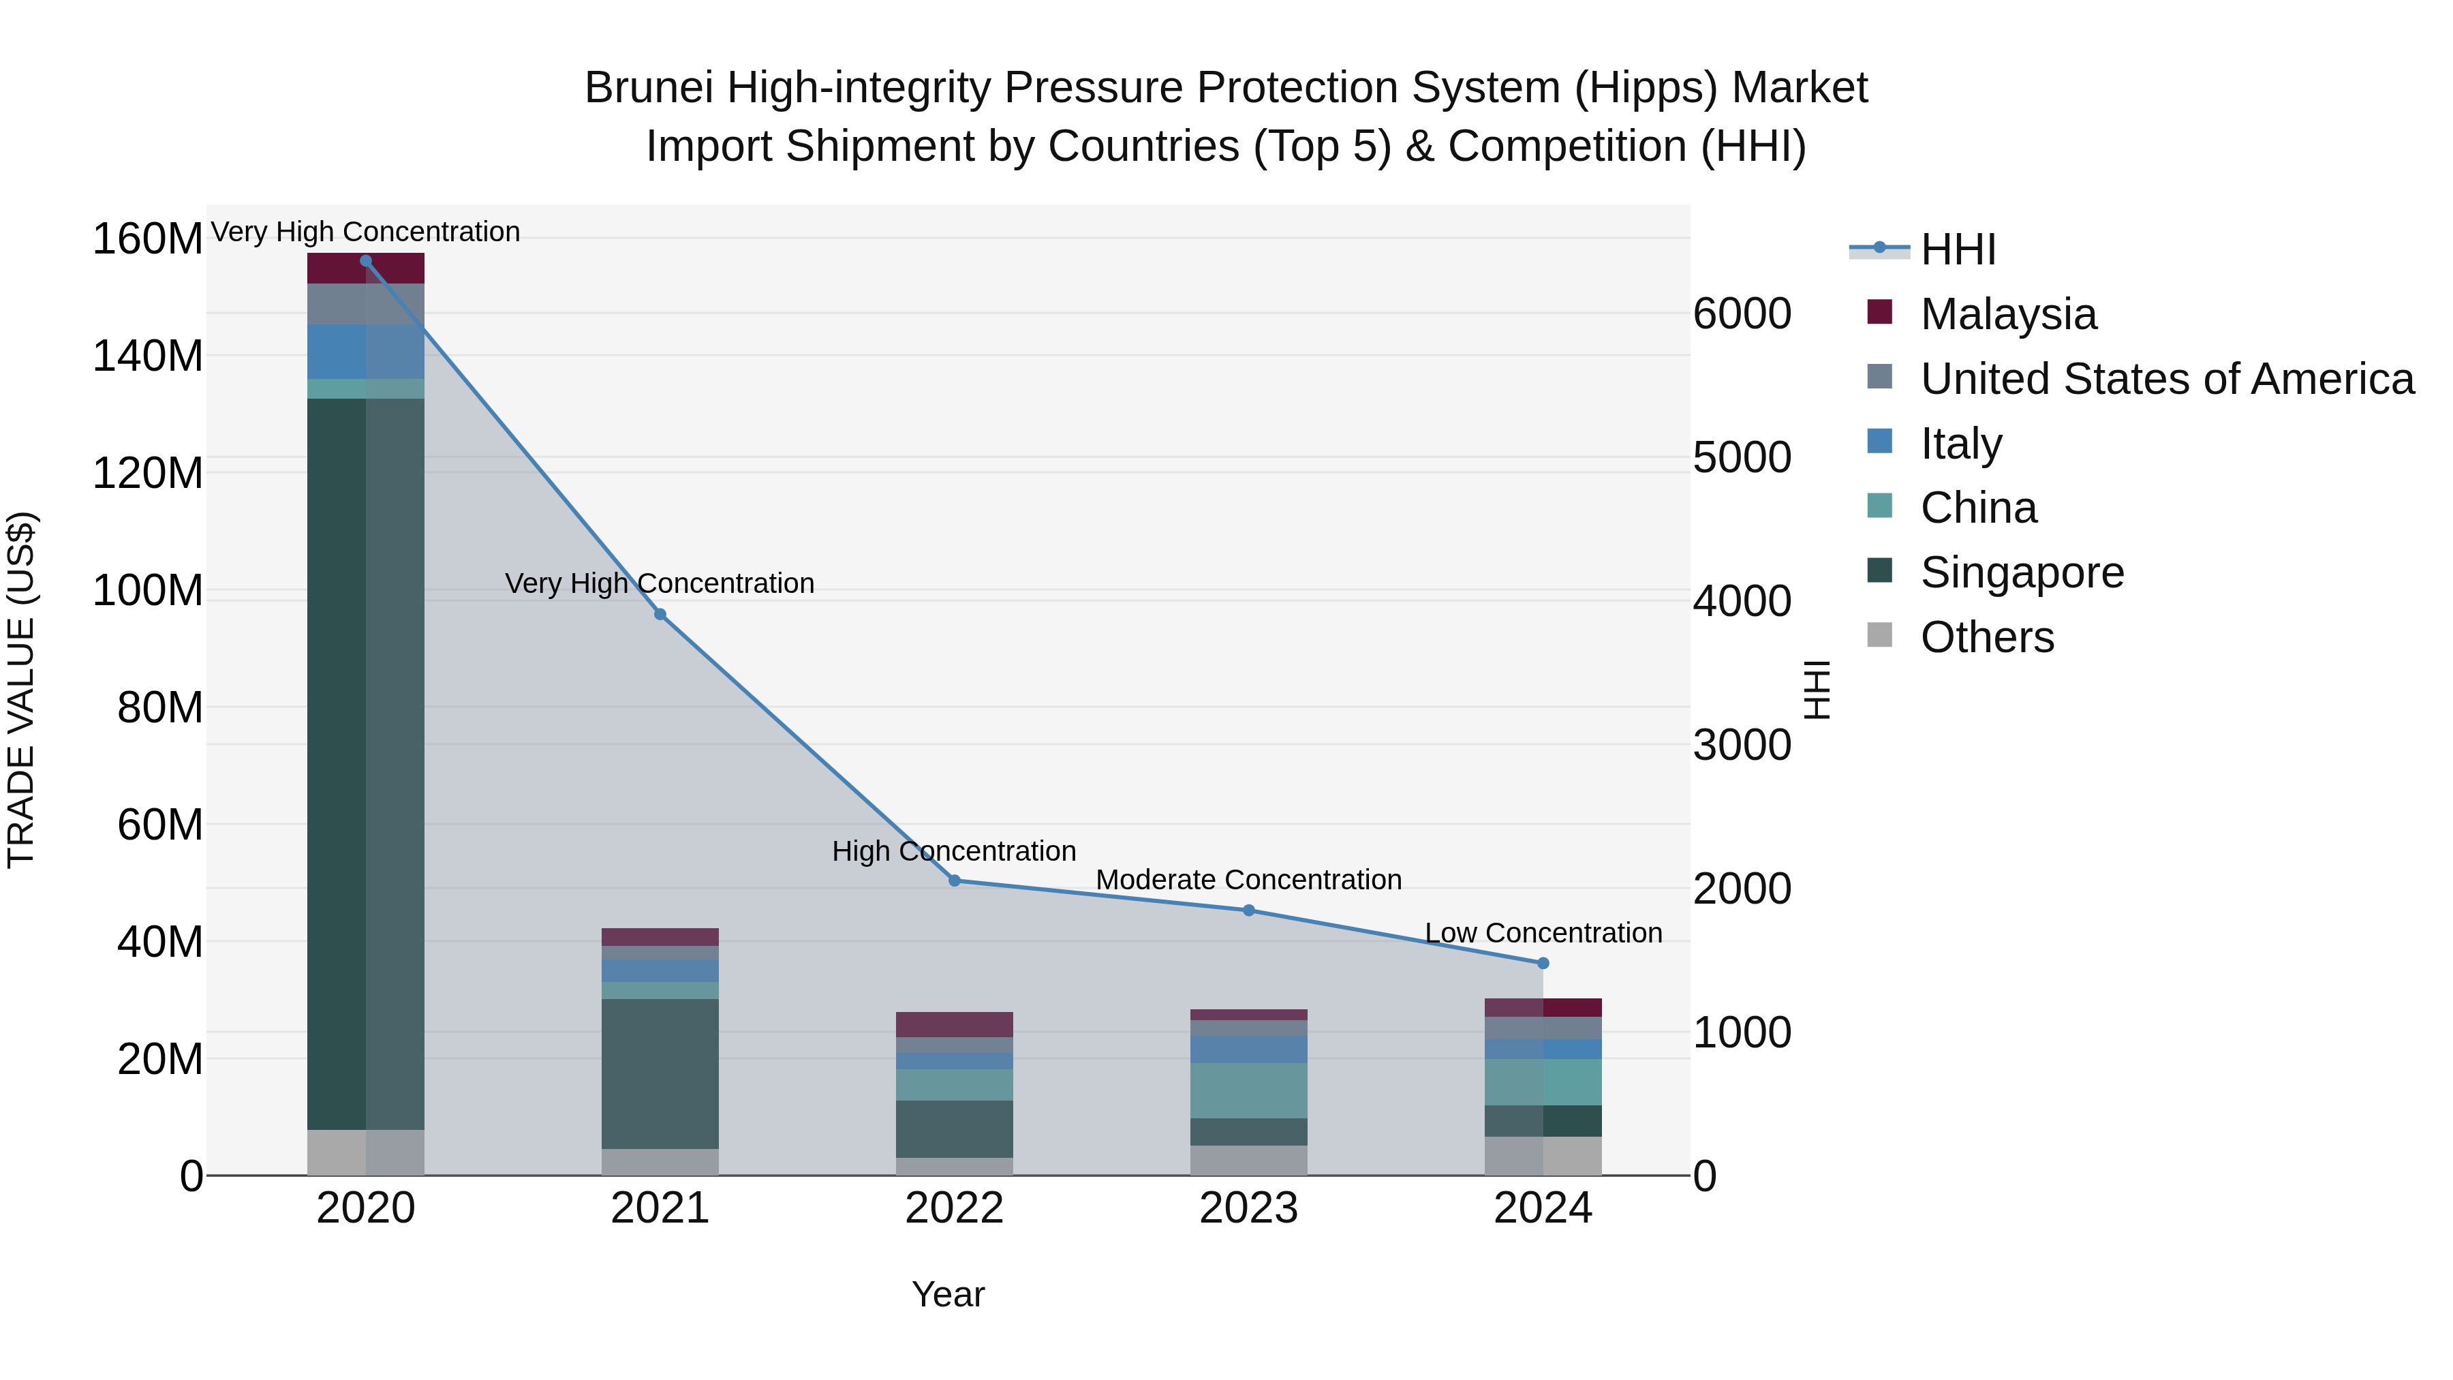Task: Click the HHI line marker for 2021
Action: click(x=660, y=614)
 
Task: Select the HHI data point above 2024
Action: click(x=1543, y=963)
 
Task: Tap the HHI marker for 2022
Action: click(x=954, y=880)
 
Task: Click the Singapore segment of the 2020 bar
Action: click(x=366, y=762)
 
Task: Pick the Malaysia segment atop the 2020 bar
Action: click(x=366, y=268)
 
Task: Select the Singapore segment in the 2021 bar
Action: click(x=660, y=1073)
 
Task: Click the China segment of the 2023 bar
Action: click(x=1248, y=1090)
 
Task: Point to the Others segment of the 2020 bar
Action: click(x=366, y=1152)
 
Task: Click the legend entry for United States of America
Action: click(x=2166, y=378)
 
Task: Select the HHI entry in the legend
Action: click(x=1957, y=249)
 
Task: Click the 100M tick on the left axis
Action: click(x=148, y=590)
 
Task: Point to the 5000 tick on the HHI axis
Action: click(x=1742, y=457)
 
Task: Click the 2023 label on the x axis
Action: click(x=1248, y=1208)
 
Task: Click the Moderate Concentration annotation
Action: click(x=1248, y=879)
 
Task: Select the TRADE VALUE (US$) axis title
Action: click(x=21, y=690)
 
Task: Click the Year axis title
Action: click(x=948, y=1294)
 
